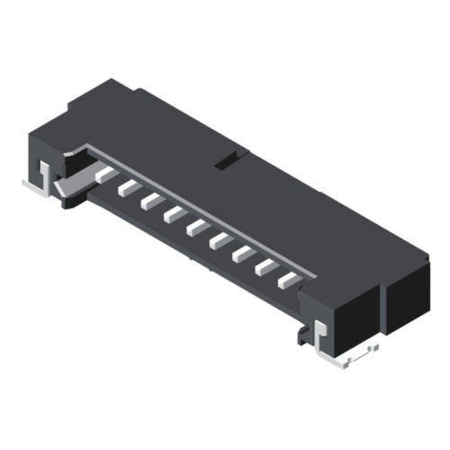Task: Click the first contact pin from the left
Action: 104,173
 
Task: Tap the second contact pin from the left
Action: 127,187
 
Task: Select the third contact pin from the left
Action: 150,201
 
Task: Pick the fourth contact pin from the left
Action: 174,214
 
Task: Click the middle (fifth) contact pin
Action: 197,228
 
